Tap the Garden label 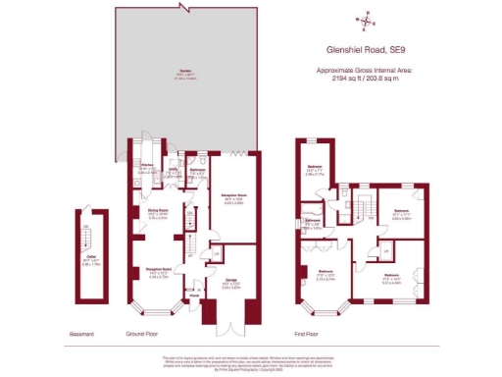183,71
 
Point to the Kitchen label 147,166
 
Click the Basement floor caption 81,335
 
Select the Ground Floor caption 141,335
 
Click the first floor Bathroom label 314,223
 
